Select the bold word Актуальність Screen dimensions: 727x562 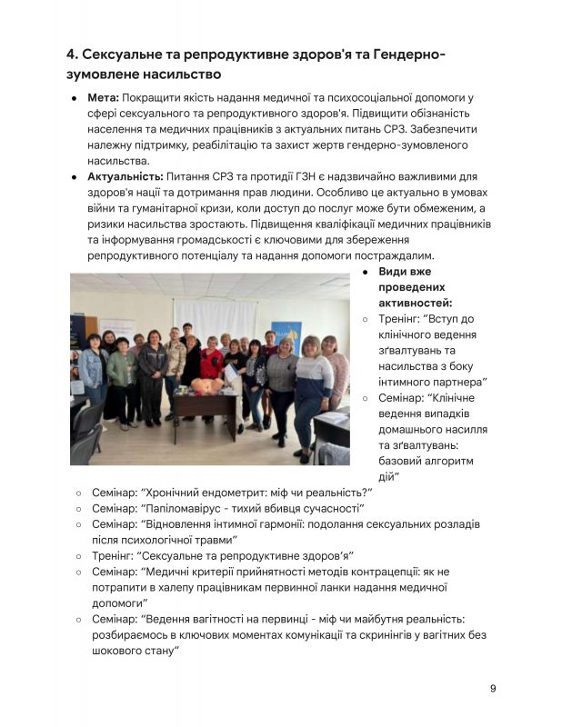coord(125,176)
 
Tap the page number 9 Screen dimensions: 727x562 coord(493,688)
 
